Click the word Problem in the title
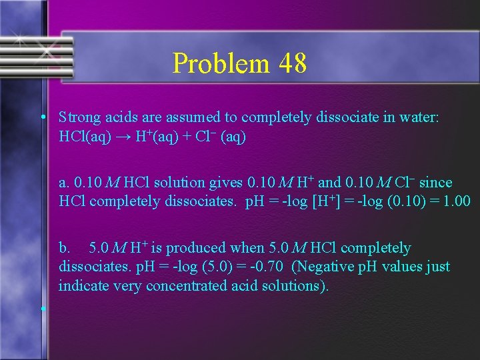click(213, 64)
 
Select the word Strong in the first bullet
click(79, 118)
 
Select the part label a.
click(63, 183)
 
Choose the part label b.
click(64, 248)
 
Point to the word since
click(435, 183)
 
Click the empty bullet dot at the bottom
click(42, 309)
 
